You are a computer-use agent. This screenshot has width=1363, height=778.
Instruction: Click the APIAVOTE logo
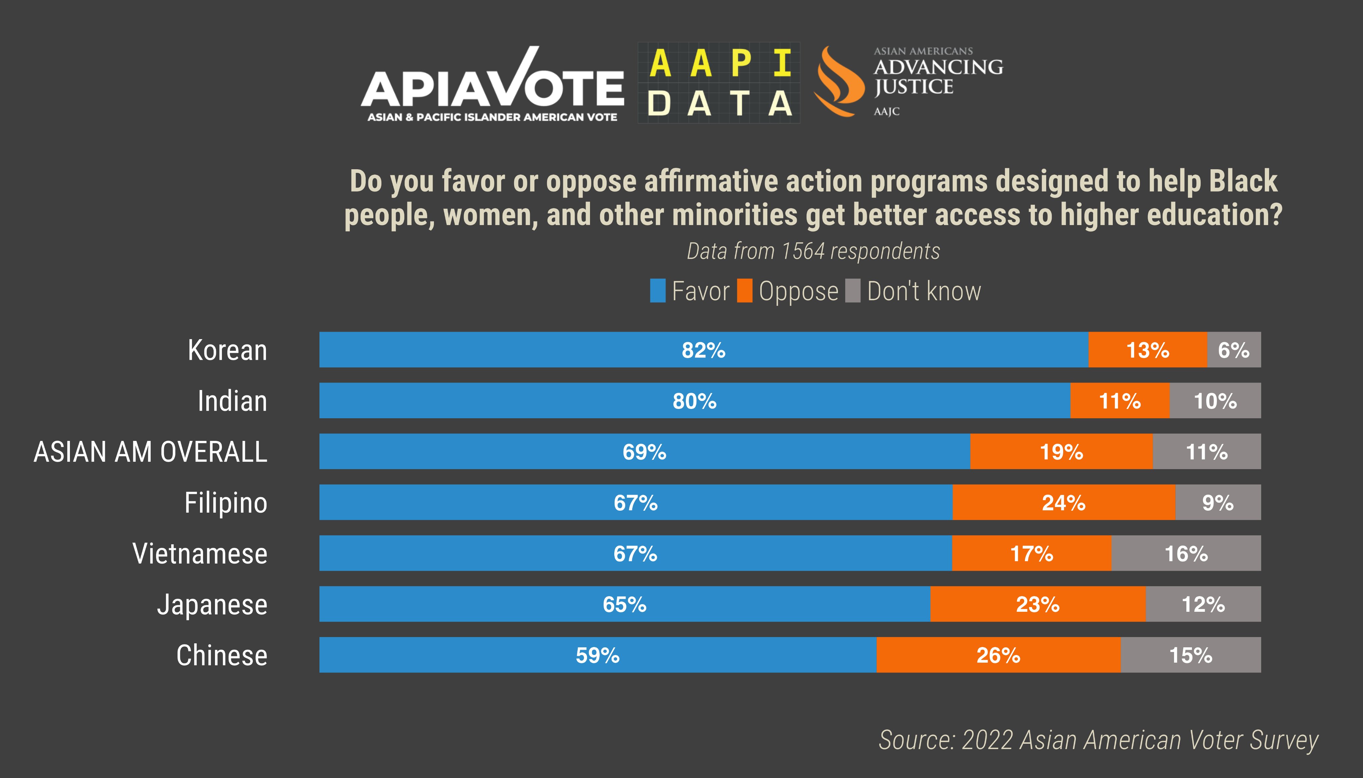pos(492,85)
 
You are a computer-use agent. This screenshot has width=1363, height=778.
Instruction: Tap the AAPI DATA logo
pos(719,83)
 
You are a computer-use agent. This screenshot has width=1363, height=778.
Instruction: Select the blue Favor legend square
pos(658,291)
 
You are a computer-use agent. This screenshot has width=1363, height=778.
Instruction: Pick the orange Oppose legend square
pos(744,291)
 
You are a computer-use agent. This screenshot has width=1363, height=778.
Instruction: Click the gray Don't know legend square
pos(853,291)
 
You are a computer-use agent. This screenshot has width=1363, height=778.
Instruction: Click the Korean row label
pos(227,350)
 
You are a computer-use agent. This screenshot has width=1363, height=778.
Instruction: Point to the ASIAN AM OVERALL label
pos(150,452)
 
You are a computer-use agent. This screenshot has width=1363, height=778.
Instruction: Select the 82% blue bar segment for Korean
pos(704,350)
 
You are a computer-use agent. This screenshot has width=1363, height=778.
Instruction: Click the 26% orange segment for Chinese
pos(998,655)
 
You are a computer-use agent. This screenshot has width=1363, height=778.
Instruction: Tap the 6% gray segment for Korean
pos(1234,350)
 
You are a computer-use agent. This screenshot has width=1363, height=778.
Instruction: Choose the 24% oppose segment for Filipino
pos(1064,503)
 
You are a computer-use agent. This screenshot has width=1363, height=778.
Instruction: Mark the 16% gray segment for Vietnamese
pos(1186,554)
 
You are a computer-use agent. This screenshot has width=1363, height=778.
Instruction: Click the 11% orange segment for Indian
pos(1120,401)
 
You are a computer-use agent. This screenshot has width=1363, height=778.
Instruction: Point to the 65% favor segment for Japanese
pos(625,604)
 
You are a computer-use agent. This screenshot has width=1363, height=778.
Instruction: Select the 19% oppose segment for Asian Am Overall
pos(1062,452)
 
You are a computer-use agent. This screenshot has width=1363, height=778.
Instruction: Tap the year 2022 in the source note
pos(987,740)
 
